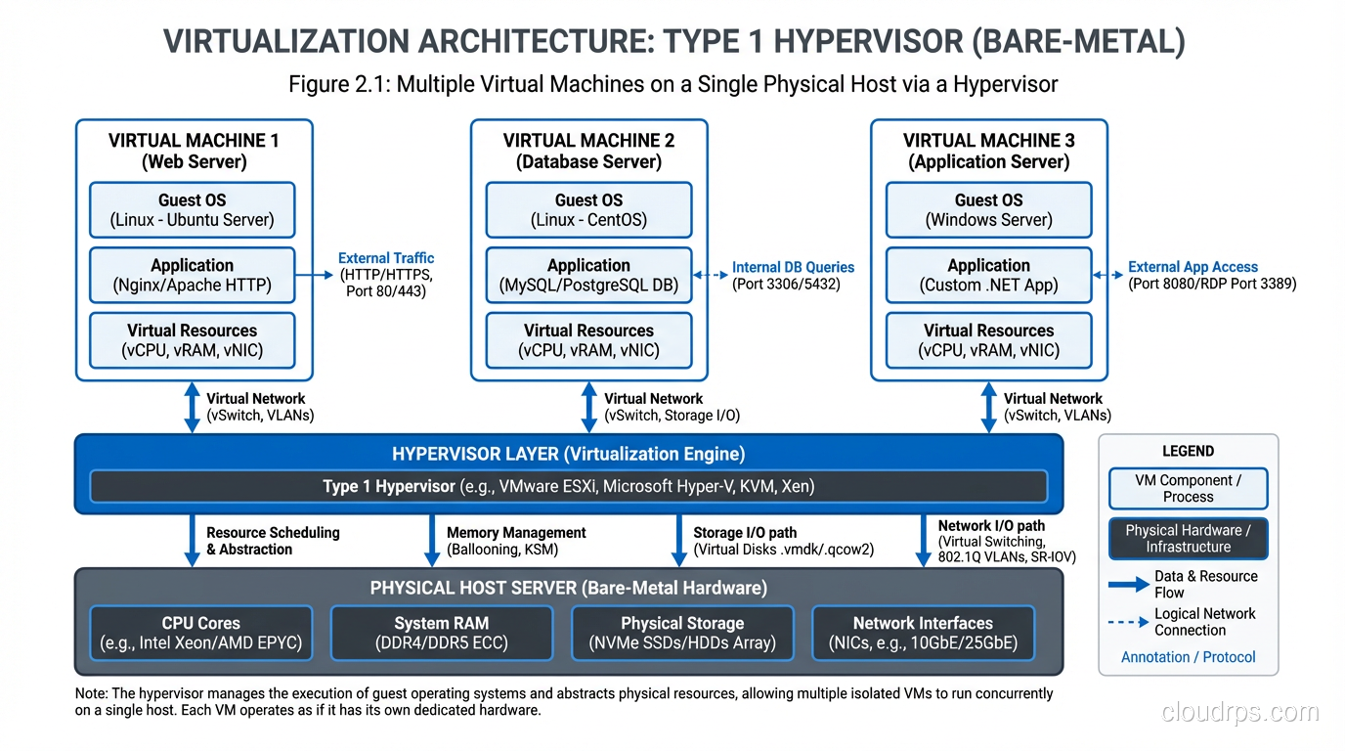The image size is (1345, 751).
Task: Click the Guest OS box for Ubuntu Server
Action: (192, 210)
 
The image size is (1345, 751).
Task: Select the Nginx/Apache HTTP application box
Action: (192, 276)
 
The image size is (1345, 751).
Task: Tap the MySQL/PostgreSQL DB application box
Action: (588, 276)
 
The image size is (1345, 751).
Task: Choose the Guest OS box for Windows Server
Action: (988, 210)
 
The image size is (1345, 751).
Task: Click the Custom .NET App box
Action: (988, 276)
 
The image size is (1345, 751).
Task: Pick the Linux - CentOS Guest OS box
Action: (588, 210)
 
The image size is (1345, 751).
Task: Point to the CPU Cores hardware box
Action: (200, 633)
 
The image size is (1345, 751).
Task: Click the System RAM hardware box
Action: (441, 633)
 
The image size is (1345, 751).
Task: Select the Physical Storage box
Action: (682, 633)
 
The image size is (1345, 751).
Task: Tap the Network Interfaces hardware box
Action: (923, 633)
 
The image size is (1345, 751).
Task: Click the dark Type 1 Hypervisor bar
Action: (568, 486)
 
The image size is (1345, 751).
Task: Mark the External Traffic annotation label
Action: (386, 258)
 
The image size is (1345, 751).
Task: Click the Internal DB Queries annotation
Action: (793, 267)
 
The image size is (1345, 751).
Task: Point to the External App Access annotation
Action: (1193, 267)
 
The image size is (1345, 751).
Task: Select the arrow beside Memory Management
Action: (432, 541)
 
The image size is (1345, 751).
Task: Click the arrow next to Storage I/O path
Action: (678, 541)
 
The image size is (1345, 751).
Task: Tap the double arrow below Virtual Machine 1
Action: (192, 407)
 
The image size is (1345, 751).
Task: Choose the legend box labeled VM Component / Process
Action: (1188, 488)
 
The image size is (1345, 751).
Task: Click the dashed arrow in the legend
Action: (1129, 622)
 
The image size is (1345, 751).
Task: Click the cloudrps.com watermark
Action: (1239, 712)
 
